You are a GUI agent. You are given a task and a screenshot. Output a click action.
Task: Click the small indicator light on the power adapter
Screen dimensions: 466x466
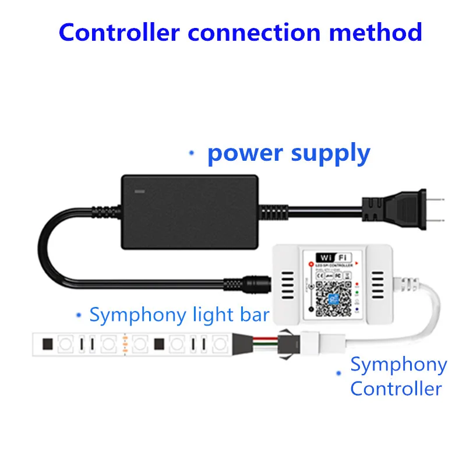[139, 190]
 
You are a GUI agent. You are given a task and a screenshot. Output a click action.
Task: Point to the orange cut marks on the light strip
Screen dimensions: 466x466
[125, 344]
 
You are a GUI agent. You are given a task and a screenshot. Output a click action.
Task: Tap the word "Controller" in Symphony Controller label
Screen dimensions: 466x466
[396, 388]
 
